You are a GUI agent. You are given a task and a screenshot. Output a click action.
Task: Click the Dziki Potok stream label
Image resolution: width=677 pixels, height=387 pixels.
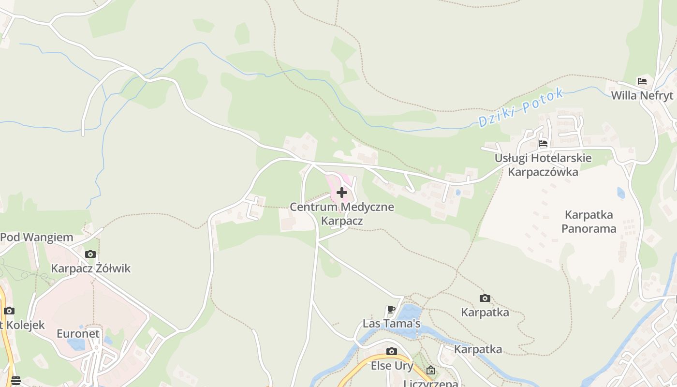(521, 107)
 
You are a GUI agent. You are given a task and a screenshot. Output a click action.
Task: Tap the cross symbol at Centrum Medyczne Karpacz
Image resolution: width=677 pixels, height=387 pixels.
(342, 193)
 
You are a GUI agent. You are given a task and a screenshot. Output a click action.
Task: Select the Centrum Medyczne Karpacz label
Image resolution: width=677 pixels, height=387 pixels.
(342, 214)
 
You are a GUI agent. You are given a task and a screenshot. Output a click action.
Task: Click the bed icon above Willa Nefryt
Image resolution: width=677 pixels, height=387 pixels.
(642, 81)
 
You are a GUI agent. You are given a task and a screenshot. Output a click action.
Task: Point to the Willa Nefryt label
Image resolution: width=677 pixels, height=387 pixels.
(642, 95)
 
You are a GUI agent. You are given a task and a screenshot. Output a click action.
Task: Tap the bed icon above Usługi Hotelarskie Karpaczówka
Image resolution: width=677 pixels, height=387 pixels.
(543, 144)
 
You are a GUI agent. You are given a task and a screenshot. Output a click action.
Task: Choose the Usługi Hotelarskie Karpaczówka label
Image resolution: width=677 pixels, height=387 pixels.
(543, 165)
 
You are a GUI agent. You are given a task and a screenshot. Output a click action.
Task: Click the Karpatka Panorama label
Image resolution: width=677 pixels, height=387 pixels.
(589, 221)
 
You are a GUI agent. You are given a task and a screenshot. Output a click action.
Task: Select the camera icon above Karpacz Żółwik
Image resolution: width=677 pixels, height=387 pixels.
(90, 254)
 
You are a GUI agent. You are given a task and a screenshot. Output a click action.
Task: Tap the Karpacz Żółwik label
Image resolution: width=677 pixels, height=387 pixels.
(91, 268)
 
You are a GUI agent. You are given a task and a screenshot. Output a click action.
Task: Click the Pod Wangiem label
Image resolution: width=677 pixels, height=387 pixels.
(37, 238)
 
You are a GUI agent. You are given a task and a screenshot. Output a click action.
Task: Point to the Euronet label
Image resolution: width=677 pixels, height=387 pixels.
(78, 333)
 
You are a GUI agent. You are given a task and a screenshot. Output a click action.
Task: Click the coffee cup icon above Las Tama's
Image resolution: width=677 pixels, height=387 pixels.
(392, 309)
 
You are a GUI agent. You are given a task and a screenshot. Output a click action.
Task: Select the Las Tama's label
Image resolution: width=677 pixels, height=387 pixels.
(392, 323)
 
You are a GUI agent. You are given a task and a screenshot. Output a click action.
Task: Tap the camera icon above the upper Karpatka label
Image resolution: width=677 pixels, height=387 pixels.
(485, 298)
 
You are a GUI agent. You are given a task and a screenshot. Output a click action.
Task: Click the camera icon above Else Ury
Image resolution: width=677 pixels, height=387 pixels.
(392, 352)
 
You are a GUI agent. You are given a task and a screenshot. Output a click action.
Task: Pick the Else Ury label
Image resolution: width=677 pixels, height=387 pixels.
(392, 366)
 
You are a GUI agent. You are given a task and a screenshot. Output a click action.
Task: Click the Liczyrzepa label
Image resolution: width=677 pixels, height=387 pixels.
(431, 384)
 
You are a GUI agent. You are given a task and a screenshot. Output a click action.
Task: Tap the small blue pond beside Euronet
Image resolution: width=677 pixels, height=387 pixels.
(76, 344)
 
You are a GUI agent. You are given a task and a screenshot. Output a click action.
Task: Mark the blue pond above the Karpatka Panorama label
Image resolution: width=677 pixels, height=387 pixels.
(621, 193)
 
